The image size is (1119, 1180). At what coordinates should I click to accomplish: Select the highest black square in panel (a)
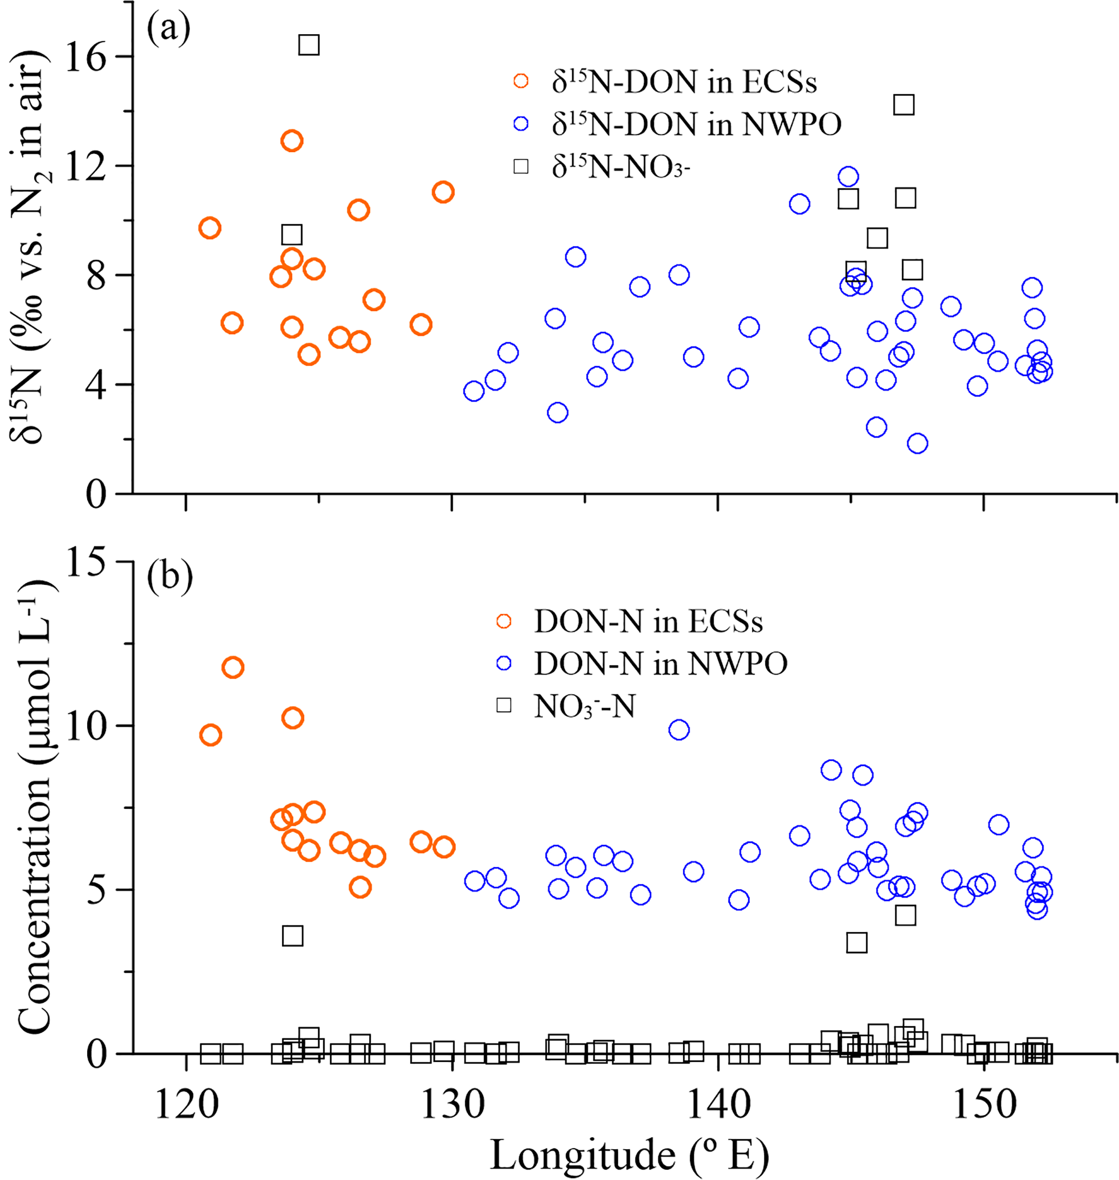[309, 45]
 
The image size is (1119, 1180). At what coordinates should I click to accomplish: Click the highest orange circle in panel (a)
[292, 141]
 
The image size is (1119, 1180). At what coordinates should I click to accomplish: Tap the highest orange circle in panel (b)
[233, 668]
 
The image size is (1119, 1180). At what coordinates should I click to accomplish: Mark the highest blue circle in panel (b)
[679, 729]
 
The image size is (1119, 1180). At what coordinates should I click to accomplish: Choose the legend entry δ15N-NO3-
[620, 167]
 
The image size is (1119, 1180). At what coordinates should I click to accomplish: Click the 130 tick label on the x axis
[452, 1105]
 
